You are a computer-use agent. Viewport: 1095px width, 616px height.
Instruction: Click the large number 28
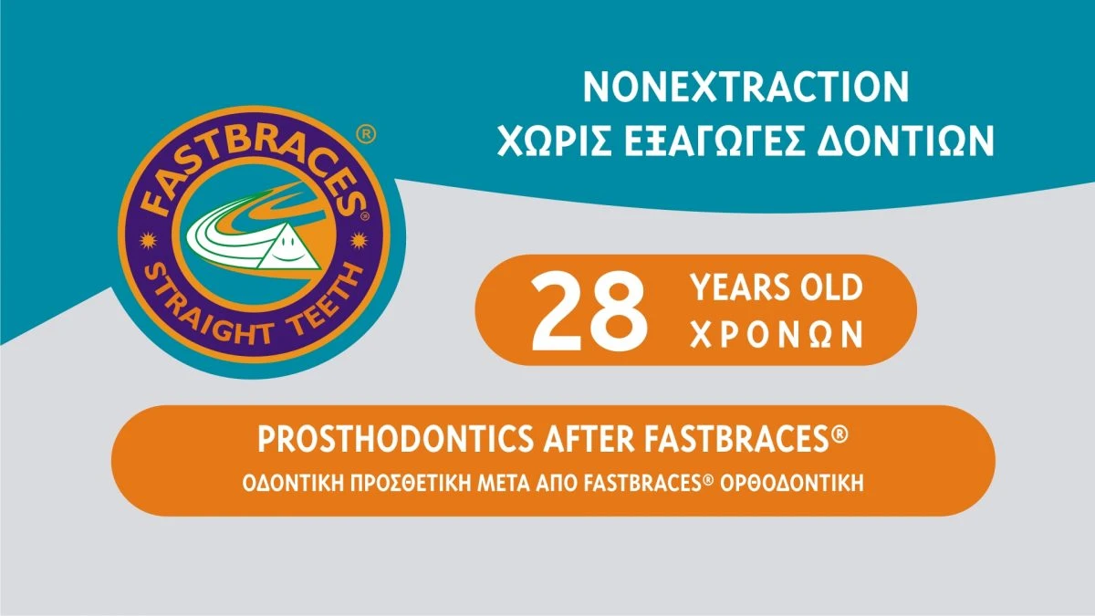point(588,310)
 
